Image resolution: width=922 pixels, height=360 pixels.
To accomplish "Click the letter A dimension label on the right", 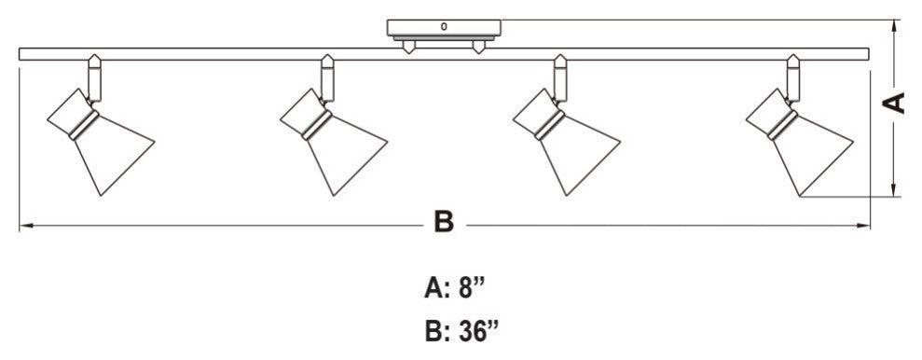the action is [896, 104].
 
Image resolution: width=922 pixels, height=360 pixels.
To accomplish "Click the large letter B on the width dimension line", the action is [445, 224].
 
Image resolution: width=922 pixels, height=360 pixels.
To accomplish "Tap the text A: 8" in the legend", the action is [456, 288].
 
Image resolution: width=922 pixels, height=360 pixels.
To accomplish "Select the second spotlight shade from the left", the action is [340, 153].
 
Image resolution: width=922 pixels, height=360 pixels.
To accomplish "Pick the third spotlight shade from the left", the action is [574, 153].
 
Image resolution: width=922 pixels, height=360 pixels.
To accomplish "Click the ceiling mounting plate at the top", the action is [444, 28].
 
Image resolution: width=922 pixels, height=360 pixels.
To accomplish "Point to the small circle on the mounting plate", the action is [444, 26].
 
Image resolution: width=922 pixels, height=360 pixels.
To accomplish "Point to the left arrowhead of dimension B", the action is [23, 225].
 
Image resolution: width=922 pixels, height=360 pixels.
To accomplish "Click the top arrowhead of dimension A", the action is [895, 24].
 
